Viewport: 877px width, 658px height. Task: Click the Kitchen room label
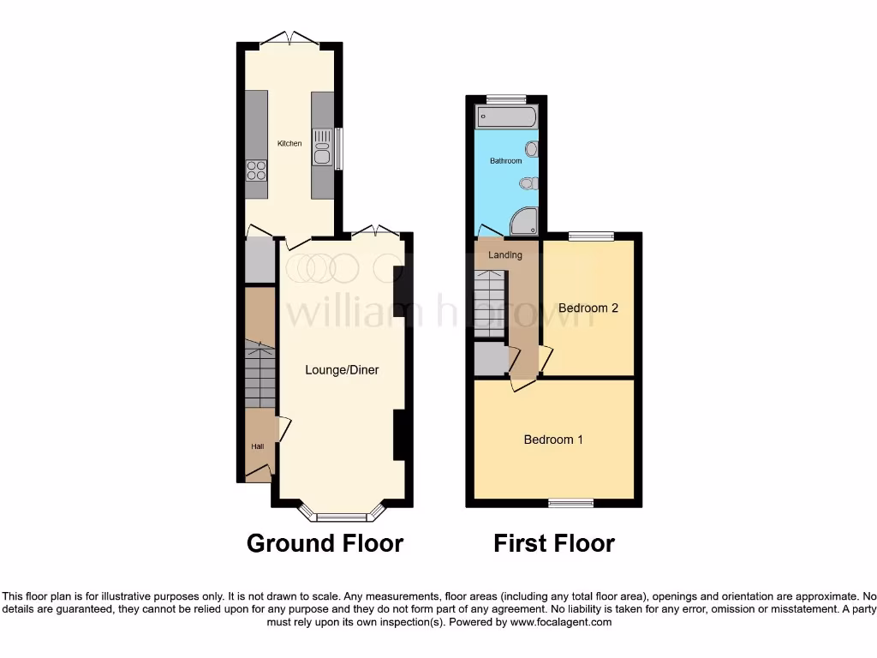tap(289, 143)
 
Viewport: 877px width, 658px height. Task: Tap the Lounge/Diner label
tap(342, 370)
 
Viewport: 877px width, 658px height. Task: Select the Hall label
tap(257, 446)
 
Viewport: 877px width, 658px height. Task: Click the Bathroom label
tap(505, 161)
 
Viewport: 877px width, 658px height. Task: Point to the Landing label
tap(505, 255)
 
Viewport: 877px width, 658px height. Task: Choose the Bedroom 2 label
tap(588, 308)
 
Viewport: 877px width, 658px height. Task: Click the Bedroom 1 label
tap(553, 440)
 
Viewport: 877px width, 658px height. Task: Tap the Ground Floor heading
tap(325, 543)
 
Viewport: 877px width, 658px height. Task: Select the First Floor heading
tap(554, 543)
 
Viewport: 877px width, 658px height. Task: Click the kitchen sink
tap(323, 146)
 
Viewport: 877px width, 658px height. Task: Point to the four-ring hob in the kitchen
tap(256, 170)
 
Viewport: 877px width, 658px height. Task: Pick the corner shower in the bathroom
tap(524, 222)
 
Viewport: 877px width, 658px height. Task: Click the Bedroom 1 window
tap(570, 503)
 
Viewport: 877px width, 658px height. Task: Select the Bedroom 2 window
tap(591, 236)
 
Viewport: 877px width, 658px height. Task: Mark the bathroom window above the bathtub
tap(506, 99)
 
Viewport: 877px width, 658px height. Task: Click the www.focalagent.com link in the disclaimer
tap(562, 622)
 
